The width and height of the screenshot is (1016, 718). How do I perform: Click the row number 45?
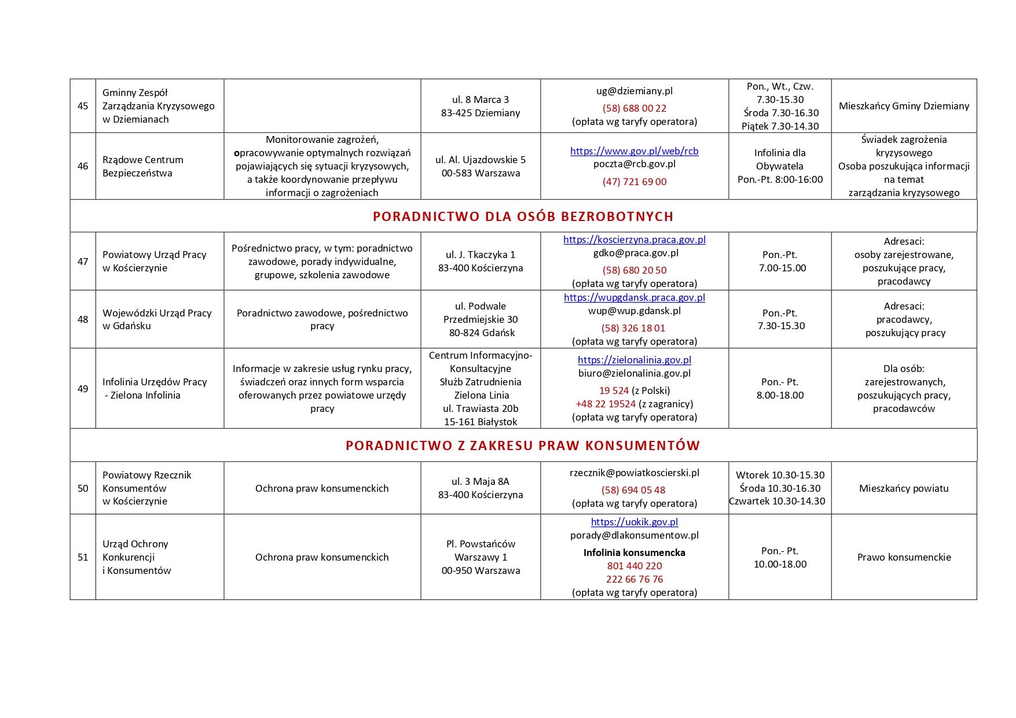[83, 106]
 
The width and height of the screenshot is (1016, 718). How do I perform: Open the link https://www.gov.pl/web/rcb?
[634, 151]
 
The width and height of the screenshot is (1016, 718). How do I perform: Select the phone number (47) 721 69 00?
[634, 182]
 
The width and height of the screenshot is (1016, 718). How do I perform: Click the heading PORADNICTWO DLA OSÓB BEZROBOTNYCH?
[523, 216]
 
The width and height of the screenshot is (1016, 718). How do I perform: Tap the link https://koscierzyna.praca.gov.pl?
[634, 240]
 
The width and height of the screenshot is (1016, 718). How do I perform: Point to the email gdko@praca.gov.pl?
[634, 253]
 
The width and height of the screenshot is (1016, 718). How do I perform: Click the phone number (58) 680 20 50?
[634, 270]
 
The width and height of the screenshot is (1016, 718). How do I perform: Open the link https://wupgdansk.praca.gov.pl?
[634, 297]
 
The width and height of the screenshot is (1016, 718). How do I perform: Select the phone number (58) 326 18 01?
[634, 328]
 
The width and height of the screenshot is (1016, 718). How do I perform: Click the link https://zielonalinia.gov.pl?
[634, 360]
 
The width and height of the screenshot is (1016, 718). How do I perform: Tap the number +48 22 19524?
[606, 404]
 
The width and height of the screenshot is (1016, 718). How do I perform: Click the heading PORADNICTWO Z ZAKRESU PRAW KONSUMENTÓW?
[523, 445]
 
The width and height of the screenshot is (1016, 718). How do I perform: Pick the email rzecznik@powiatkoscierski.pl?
[634, 473]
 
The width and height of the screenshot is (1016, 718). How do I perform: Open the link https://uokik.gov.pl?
[634, 522]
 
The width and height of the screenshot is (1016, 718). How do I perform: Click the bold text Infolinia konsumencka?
[634, 553]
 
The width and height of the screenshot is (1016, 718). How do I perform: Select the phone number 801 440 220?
[634, 566]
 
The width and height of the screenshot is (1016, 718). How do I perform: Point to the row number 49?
[83, 389]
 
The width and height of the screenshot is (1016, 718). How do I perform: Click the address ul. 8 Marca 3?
[480, 100]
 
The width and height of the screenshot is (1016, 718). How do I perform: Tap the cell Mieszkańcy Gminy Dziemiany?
[903, 106]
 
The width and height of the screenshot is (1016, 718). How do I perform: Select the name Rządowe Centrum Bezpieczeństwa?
[143, 166]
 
